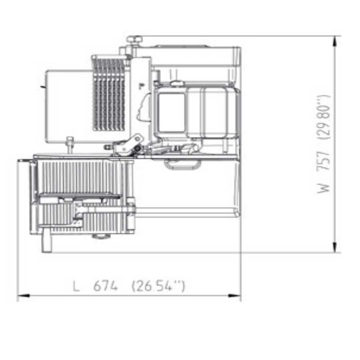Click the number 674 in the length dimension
pos(105,286)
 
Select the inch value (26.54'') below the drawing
pos(158,286)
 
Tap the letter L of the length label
pos(76,286)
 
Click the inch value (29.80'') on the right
pos(324,117)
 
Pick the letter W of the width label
pos(323,185)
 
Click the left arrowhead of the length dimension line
pos(24,296)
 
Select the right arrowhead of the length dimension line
pos(235,296)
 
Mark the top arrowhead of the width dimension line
pos(335,42)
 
